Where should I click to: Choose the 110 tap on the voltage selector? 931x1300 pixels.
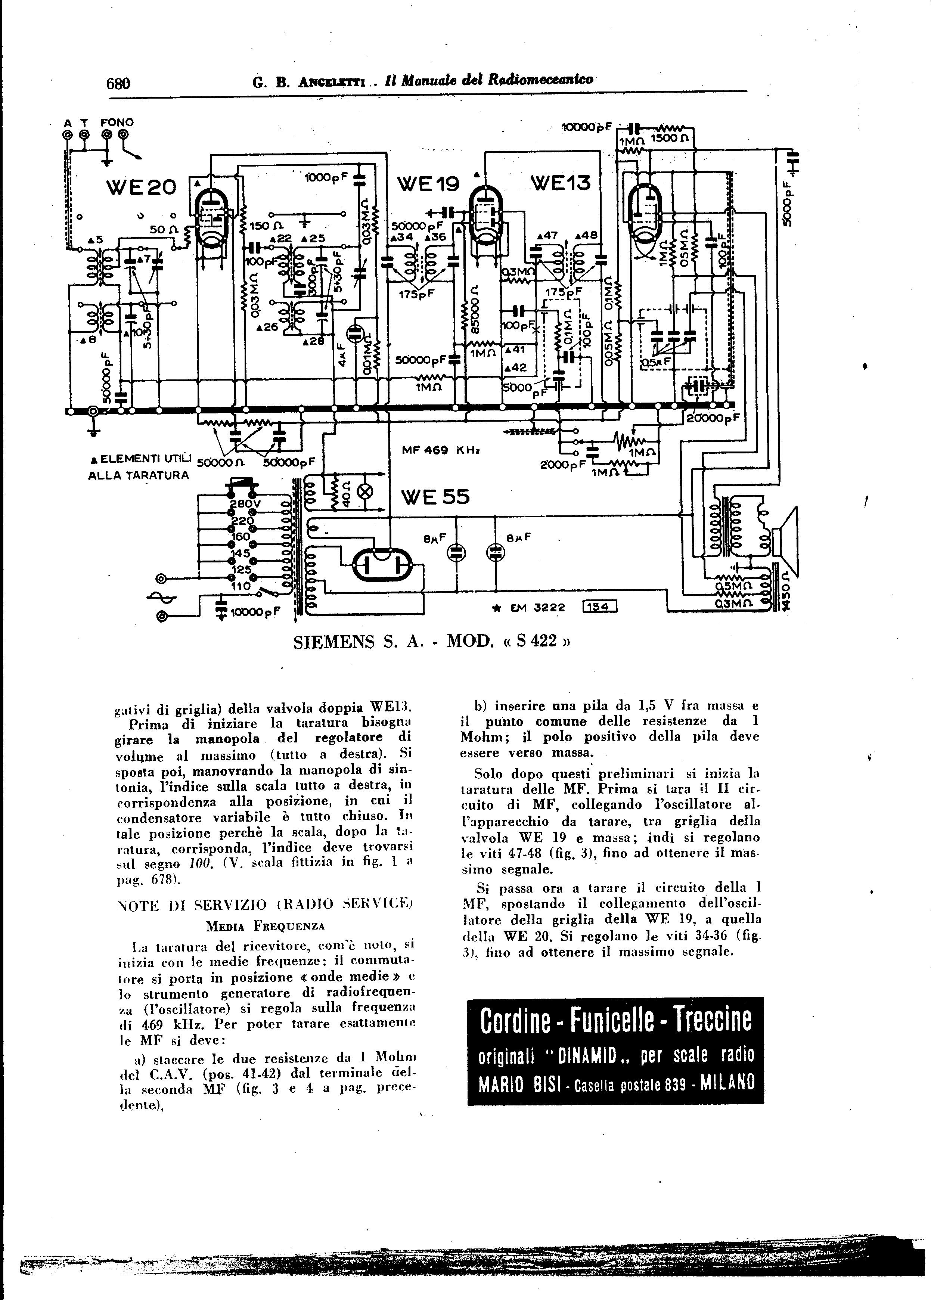tap(241, 586)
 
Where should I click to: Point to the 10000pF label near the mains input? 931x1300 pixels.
tap(254, 612)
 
